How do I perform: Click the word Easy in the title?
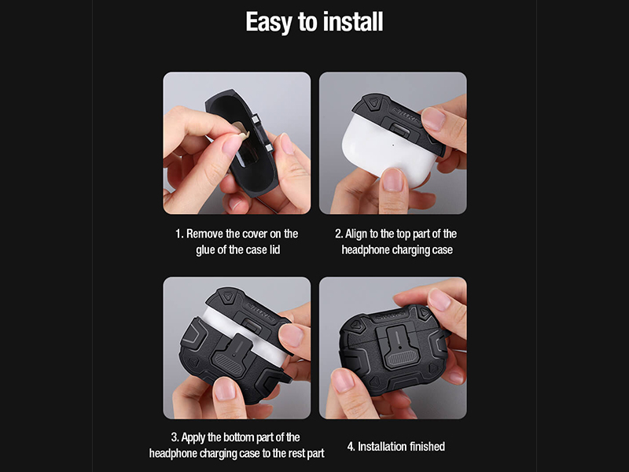[268, 22]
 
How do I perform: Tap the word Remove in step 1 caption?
[204, 234]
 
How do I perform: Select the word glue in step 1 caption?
[205, 250]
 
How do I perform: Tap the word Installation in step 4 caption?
[382, 446]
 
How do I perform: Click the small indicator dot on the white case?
[392, 145]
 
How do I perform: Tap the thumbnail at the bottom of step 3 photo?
[225, 389]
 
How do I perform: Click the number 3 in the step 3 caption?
[174, 437]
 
